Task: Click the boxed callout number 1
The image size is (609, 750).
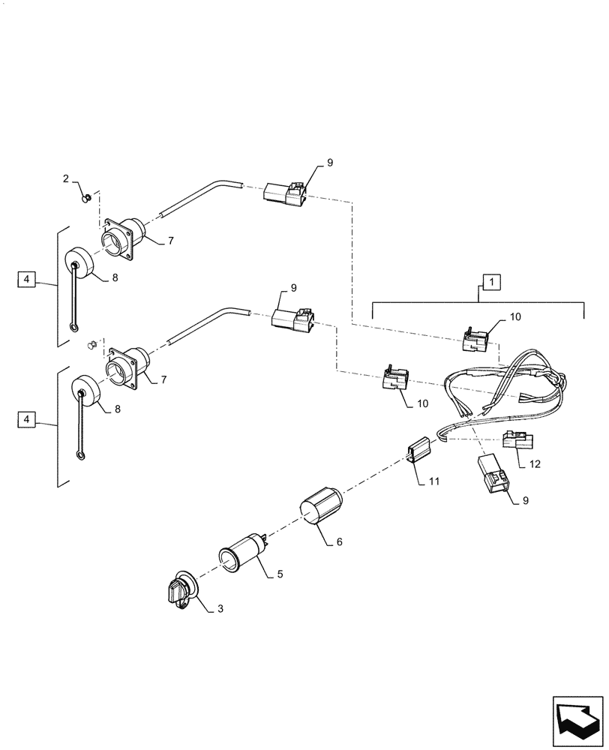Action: tap(491, 283)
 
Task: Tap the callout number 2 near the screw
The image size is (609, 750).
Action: tap(66, 178)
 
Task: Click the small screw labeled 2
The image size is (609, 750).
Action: tap(87, 198)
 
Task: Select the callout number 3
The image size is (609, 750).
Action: tap(220, 610)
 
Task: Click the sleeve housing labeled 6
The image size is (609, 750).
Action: tap(321, 508)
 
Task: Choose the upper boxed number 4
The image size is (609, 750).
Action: tap(26, 280)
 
